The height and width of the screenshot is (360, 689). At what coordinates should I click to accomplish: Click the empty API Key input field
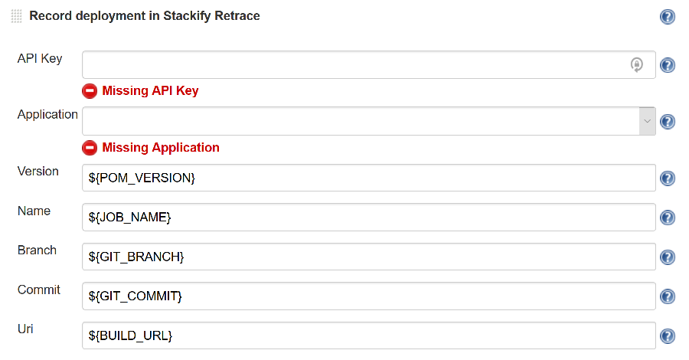[352, 65]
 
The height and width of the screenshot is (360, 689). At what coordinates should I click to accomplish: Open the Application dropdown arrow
[648, 121]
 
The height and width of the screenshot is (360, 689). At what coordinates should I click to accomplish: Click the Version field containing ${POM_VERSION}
[368, 178]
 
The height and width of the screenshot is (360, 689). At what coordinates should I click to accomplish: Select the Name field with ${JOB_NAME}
[368, 218]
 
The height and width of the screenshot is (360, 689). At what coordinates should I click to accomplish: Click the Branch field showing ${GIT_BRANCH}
[368, 257]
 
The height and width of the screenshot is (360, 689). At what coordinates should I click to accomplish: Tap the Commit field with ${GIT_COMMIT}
[368, 296]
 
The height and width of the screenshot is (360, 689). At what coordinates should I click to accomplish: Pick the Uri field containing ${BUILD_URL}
[368, 335]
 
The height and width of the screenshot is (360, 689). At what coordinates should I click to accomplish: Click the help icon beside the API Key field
[668, 66]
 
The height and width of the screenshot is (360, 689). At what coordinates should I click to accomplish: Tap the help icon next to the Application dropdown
[668, 122]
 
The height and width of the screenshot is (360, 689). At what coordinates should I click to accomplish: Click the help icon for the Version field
[668, 178]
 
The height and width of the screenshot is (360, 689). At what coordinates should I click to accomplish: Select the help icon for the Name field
[668, 218]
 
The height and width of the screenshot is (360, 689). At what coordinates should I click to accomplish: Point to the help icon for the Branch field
[668, 257]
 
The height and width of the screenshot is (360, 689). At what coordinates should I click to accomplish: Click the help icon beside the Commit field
[668, 296]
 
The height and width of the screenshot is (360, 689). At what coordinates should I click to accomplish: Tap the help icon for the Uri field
[668, 336]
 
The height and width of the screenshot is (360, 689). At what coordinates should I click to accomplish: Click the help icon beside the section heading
[668, 17]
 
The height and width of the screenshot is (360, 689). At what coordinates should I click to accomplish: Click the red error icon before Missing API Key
[90, 91]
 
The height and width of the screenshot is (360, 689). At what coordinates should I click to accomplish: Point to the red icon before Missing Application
[90, 148]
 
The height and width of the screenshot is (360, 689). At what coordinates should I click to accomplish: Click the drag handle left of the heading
[17, 16]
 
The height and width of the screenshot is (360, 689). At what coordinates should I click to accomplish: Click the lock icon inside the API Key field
[637, 65]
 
